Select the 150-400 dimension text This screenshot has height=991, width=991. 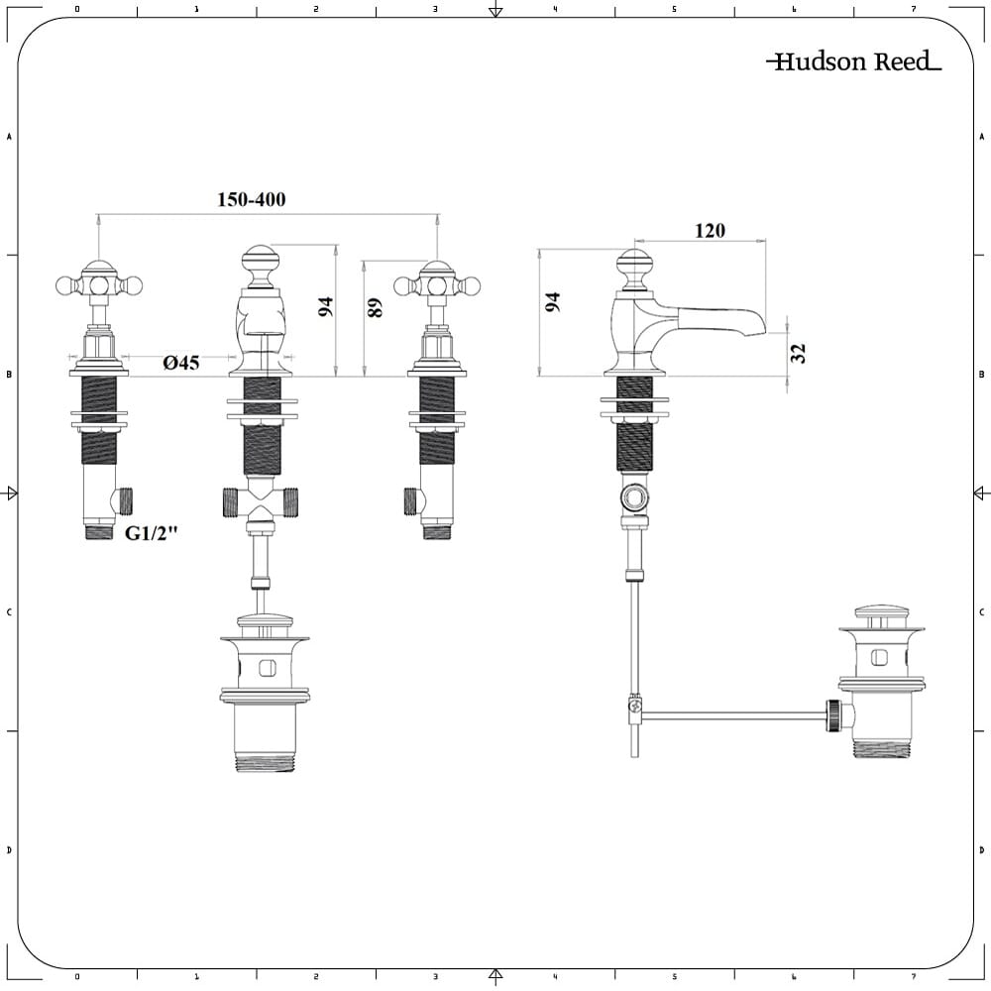[x=251, y=200]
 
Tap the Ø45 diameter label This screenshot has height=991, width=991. [x=181, y=364]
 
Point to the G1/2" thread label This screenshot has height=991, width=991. [x=151, y=533]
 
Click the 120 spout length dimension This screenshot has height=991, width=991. [x=710, y=231]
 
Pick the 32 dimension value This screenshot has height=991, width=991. [x=800, y=353]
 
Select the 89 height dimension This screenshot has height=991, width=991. [x=375, y=307]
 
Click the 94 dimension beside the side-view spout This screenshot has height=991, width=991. [x=553, y=302]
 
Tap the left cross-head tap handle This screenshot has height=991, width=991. [x=98, y=284]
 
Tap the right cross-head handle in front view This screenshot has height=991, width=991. [x=437, y=285]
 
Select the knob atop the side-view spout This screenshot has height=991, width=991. [x=634, y=266]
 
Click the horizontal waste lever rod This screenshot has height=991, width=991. [x=733, y=714]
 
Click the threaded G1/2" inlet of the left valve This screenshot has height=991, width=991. [x=99, y=532]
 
